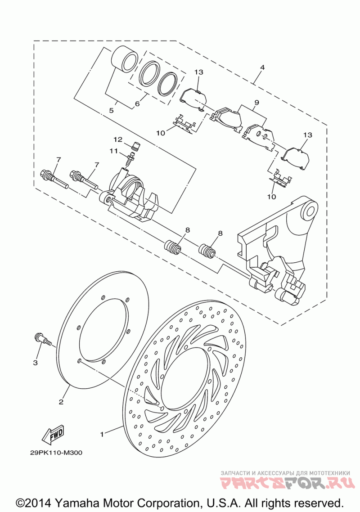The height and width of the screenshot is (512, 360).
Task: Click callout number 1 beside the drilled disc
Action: (102, 434)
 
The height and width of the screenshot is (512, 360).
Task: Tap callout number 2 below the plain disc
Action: (61, 402)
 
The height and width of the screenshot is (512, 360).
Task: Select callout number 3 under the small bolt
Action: (35, 363)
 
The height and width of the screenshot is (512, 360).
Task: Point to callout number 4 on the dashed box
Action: (262, 67)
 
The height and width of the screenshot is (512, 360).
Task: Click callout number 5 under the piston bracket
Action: (112, 110)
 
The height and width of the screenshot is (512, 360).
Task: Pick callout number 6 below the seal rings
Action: (137, 103)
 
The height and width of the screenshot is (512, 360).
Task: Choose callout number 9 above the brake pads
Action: (257, 103)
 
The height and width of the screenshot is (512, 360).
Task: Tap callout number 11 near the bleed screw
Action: (113, 151)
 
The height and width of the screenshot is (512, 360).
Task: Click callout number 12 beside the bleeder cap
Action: (118, 140)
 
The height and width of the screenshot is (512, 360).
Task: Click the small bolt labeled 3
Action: (43, 339)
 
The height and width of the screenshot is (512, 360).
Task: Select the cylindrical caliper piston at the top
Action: (125, 58)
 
